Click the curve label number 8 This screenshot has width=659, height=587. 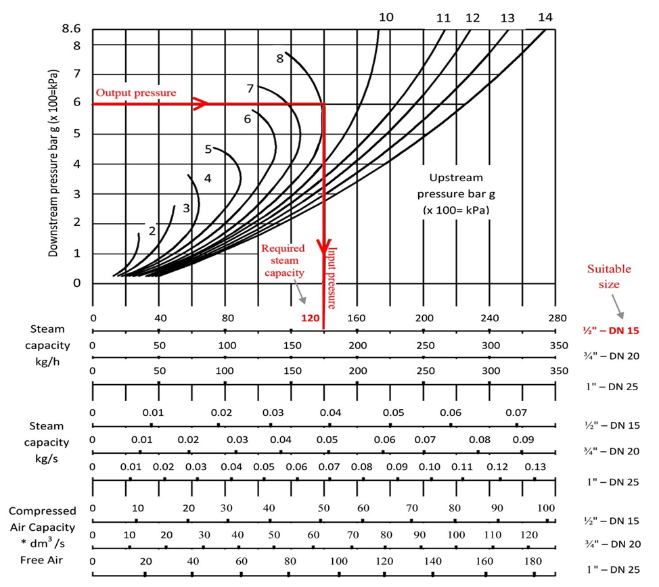point(279,58)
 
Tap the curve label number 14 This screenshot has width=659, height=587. point(545,17)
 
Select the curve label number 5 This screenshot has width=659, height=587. point(208,149)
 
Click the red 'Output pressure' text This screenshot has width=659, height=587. point(135,93)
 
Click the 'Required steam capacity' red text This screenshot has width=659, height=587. point(283,261)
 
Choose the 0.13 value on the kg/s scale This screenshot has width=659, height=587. point(535,467)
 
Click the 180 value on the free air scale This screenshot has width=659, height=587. point(534,561)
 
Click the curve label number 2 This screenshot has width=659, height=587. point(152,231)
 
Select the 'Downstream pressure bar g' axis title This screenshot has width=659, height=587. point(54,162)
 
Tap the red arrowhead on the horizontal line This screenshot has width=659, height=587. point(200,104)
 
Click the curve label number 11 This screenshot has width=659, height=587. point(443,18)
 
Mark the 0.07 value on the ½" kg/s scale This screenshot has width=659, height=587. point(516,412)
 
